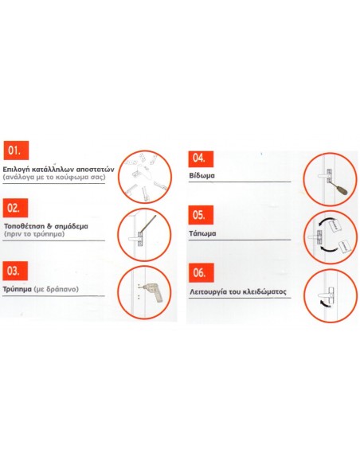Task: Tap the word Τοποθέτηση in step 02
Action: coord(26,227)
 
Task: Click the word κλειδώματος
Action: coord(266,292)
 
